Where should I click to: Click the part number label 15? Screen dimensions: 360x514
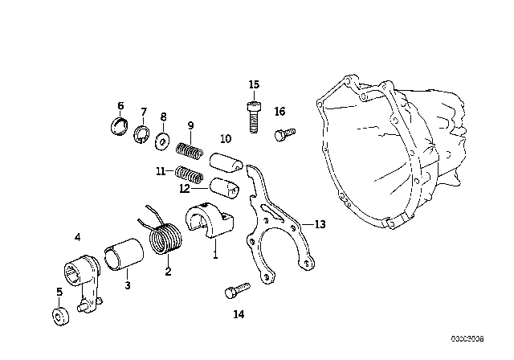pyautogui.click(x=254, y=84)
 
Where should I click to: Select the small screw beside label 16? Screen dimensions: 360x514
pyautogui.click(x=284, y=134)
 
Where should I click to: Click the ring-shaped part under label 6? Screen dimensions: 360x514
pyautogui.click(x=119, y=128)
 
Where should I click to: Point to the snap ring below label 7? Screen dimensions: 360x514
pyautogui.click(x=141, y=133)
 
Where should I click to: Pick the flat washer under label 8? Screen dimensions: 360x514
pyautogui.click(x=162, y=140)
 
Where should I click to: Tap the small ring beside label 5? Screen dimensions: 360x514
pyautogui.click(x=61, y=314)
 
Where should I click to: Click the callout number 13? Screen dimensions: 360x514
pyautogui.click(x=320, y=224)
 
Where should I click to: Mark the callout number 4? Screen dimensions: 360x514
pyautogui.click(x=77, y=237)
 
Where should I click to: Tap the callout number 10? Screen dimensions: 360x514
pyautogui.click(x=226, y=138)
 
